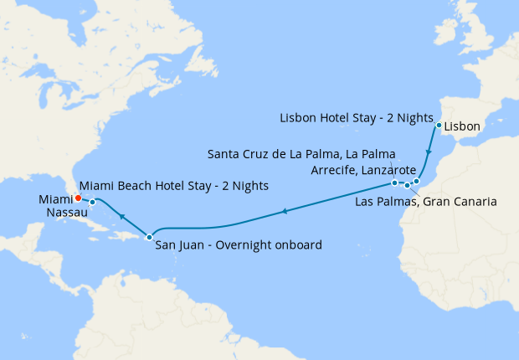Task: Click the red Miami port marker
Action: (x=78, y=198)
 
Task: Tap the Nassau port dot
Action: (x=92, y=202)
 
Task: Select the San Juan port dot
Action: (x=149, y=236)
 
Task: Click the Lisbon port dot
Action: (x=439, y=126)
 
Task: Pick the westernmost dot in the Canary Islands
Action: (x=394, y=183)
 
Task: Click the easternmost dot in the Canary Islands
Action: (x=416, y=180)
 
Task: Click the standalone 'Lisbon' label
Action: (x=462, y=126)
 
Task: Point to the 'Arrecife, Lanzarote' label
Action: (x=363, y=170)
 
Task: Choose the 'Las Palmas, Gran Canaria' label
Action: (x=426, y=202)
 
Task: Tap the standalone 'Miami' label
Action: (x=55, y=199)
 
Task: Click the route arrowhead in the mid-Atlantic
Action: (x=285, y=211)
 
